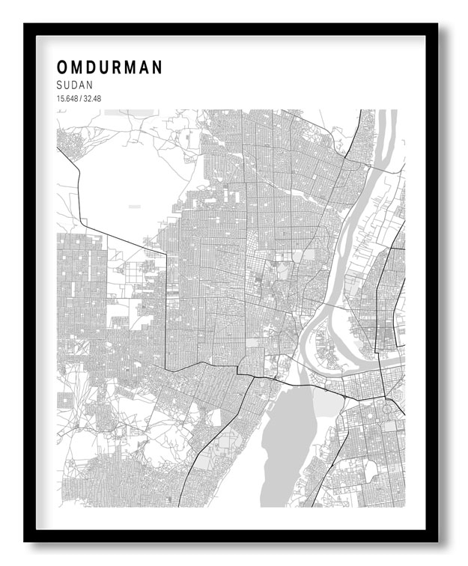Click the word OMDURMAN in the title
tap(109, 68)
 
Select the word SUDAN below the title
tap(74, 86)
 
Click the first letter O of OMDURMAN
tap(61, 68)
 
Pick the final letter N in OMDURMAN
tap(157, 68)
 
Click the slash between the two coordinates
tap(80, 99)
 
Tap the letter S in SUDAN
tap(59, 86)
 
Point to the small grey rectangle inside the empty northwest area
tap(134, 205)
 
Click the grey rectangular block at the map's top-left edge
tap(128, 112)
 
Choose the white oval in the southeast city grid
tap(370, 469)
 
